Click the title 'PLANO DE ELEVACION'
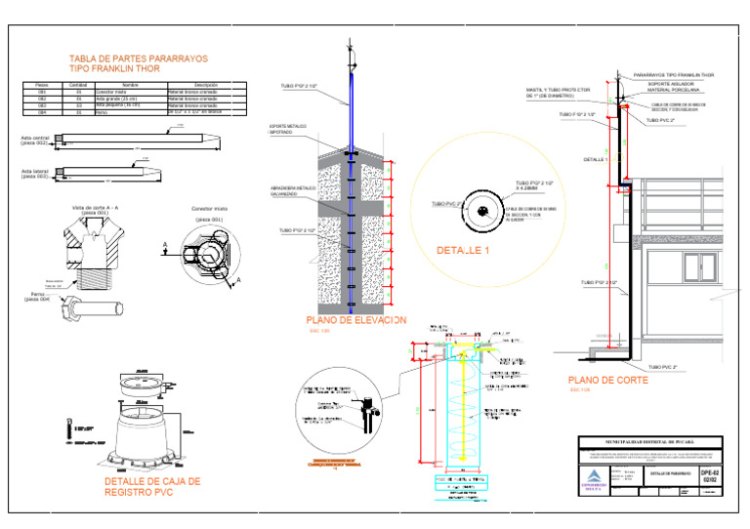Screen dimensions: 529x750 354,320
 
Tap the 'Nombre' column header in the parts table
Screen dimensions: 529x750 130,85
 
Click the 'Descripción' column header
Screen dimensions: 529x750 206,85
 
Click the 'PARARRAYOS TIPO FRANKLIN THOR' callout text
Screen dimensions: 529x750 673,74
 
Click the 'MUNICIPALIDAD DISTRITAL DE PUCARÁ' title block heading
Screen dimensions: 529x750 654,442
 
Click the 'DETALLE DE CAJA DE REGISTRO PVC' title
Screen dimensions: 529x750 151,487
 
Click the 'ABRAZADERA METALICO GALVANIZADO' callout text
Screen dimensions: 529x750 289,191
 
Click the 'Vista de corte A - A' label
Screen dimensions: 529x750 96,208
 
